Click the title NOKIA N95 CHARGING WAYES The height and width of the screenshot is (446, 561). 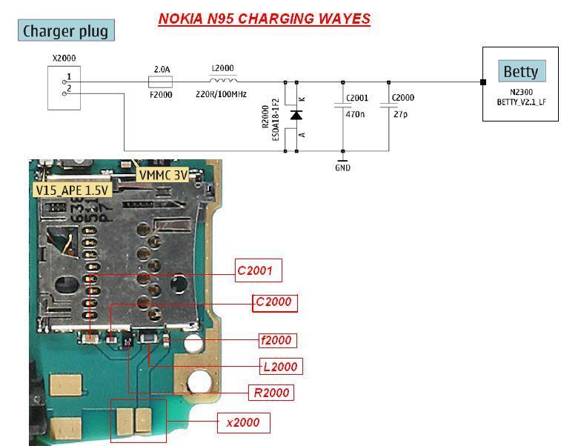coord(265,19)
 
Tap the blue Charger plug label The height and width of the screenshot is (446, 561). coord(66,30)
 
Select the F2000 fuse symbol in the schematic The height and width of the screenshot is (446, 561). coord(160,82)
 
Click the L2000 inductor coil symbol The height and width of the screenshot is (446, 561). coord(223,79)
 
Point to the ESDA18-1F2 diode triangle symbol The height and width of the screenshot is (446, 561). coord(296,115)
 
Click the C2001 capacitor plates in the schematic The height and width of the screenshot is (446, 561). coord(343,105)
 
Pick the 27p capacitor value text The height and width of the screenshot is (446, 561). coord(401,114)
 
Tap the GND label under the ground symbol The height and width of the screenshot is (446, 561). coord(343,167)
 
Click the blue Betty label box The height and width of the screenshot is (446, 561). coord(522,71)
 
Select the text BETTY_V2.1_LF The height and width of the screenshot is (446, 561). coord(521,102)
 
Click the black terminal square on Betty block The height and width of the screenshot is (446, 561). coord(483,82)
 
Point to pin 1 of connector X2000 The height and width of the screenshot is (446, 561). coord(64,82)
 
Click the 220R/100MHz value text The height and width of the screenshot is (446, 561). coord(221,94)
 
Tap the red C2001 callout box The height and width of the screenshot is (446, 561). coord(259,270)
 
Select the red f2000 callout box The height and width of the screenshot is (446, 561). coord(278,341)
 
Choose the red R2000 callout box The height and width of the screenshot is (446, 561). coord(271,393)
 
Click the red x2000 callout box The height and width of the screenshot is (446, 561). coord(244,423)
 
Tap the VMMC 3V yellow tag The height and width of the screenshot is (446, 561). coord(163,176)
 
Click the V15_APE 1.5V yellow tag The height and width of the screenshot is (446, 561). coord(72,190)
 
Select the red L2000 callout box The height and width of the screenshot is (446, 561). coord(280,367)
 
